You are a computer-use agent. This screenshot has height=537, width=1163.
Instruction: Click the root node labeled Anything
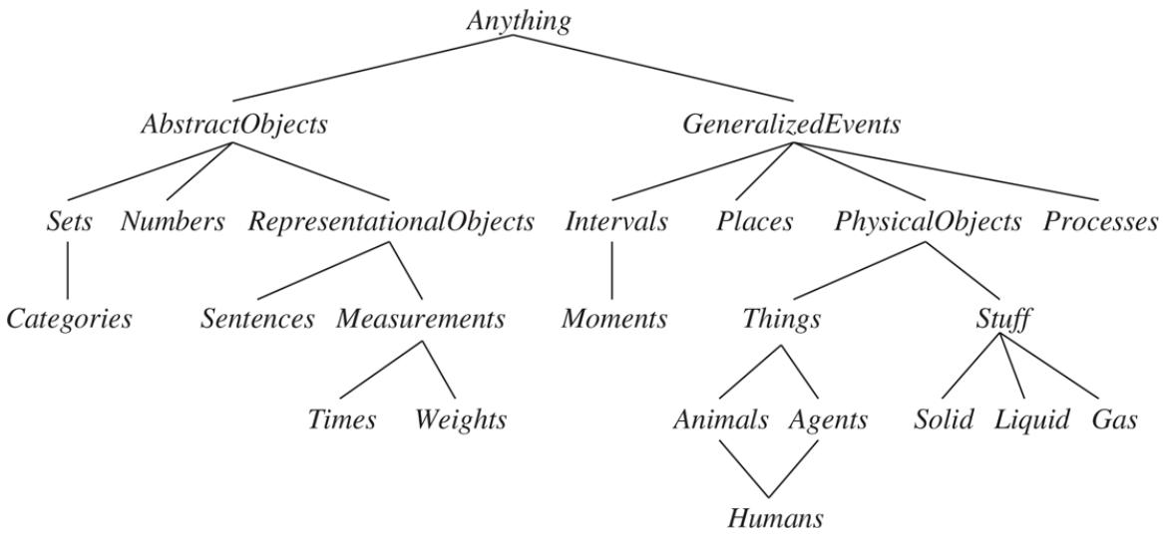click(519, 22)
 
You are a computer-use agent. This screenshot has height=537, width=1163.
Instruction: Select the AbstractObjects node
click(234, 126)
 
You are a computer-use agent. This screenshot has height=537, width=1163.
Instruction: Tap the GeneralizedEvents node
click(792, 126)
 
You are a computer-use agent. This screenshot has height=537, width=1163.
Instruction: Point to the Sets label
click(69, 222)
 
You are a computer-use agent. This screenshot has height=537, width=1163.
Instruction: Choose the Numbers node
click(173, 222)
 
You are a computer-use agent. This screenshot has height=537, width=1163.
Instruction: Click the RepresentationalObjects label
click(391, 222)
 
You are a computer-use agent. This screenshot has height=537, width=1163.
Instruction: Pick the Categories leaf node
click(69, 320)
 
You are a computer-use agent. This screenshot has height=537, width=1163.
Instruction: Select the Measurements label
click(420, 320)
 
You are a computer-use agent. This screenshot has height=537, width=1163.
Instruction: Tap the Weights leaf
click(461, 419)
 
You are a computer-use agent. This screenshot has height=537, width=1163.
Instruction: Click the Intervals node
click(615, 222)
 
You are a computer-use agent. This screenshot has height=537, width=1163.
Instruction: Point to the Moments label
click(613, 320)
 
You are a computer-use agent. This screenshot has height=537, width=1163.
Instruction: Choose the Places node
click(754, 222)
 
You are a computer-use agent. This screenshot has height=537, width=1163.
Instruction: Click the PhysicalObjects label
click(928, 222)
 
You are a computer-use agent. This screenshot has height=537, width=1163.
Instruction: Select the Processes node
click(1101, 222)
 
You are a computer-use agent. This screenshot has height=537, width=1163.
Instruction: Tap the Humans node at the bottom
click(775, 518)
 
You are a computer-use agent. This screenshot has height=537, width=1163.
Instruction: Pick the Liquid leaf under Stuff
click(1031, 419)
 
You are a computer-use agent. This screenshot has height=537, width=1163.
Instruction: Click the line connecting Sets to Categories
click(68, 270)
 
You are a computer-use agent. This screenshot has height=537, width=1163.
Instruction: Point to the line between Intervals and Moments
click(611, 270)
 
